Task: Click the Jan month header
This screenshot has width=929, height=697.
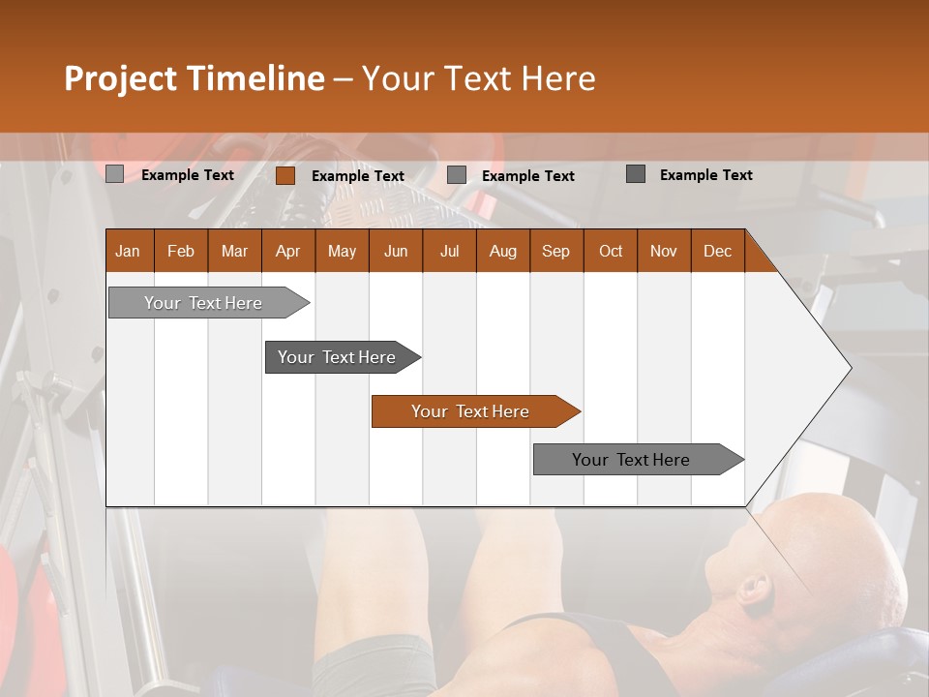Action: click(129, 251)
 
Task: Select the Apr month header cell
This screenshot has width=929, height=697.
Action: click(288, 251)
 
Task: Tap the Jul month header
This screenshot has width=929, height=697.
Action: click(449, 251)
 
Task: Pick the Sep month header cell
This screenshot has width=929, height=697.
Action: click(556, 251)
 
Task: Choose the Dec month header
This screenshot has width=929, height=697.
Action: click(717, 251)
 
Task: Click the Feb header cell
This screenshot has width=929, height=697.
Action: click(181, 251)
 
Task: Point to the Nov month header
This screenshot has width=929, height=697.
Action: click(664, 251)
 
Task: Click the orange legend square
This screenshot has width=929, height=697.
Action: click(285, 175)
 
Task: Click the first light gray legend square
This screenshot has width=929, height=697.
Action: click(114, 174)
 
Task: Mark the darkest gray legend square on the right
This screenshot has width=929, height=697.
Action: click(635, 174)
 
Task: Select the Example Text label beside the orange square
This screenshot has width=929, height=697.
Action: click(358, 176)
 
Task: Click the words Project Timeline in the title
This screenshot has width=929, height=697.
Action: click(194, 78)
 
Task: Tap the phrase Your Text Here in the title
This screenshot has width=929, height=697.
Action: click(478, 78)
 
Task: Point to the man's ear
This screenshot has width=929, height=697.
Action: click(754, 588)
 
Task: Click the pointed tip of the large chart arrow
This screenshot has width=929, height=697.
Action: click(850, 367)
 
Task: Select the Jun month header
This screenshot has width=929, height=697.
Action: click(396, 251)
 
